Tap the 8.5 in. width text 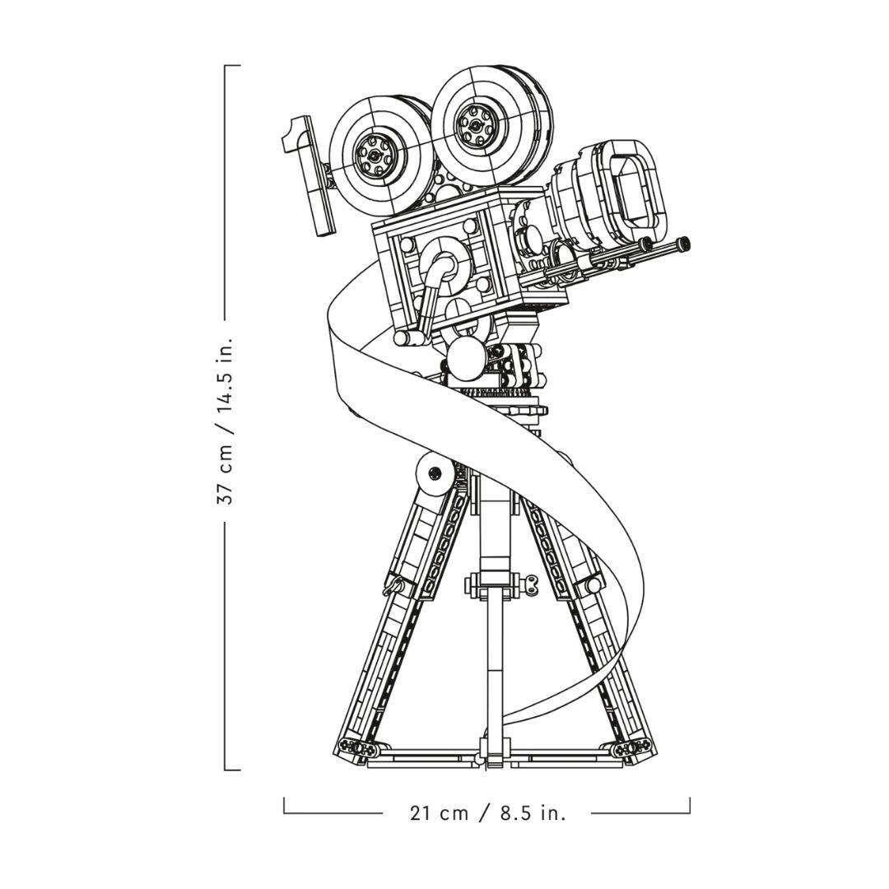pyautogui.click(x=533, y=813)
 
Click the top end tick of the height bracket pyautogui.click(x=233, y=66)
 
